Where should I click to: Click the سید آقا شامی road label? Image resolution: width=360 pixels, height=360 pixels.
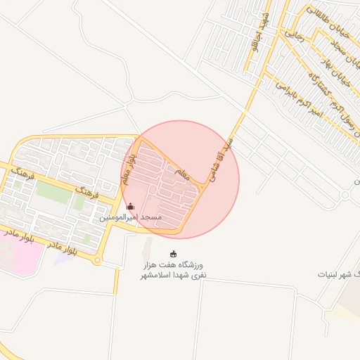coord(219,160)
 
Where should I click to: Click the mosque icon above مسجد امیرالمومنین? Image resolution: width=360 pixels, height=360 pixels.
coord(130,207)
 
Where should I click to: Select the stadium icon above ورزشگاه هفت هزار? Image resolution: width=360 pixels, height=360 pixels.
coord(174,254)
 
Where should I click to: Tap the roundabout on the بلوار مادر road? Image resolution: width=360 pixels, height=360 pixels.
coord(97,262)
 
